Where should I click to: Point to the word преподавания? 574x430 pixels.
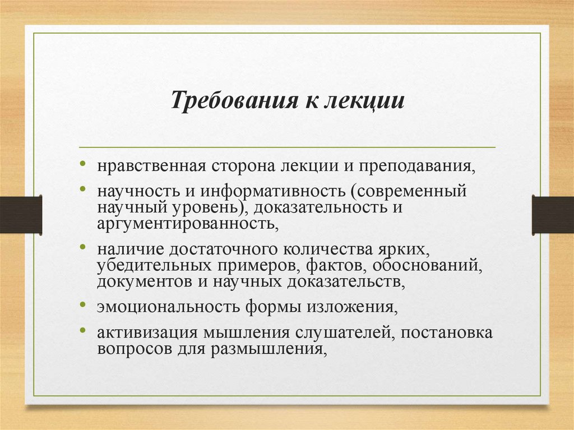[x=414, y=167]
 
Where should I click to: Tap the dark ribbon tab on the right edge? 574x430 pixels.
[x=553, y=215]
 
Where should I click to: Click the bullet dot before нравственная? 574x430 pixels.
[x=83, y=166]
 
